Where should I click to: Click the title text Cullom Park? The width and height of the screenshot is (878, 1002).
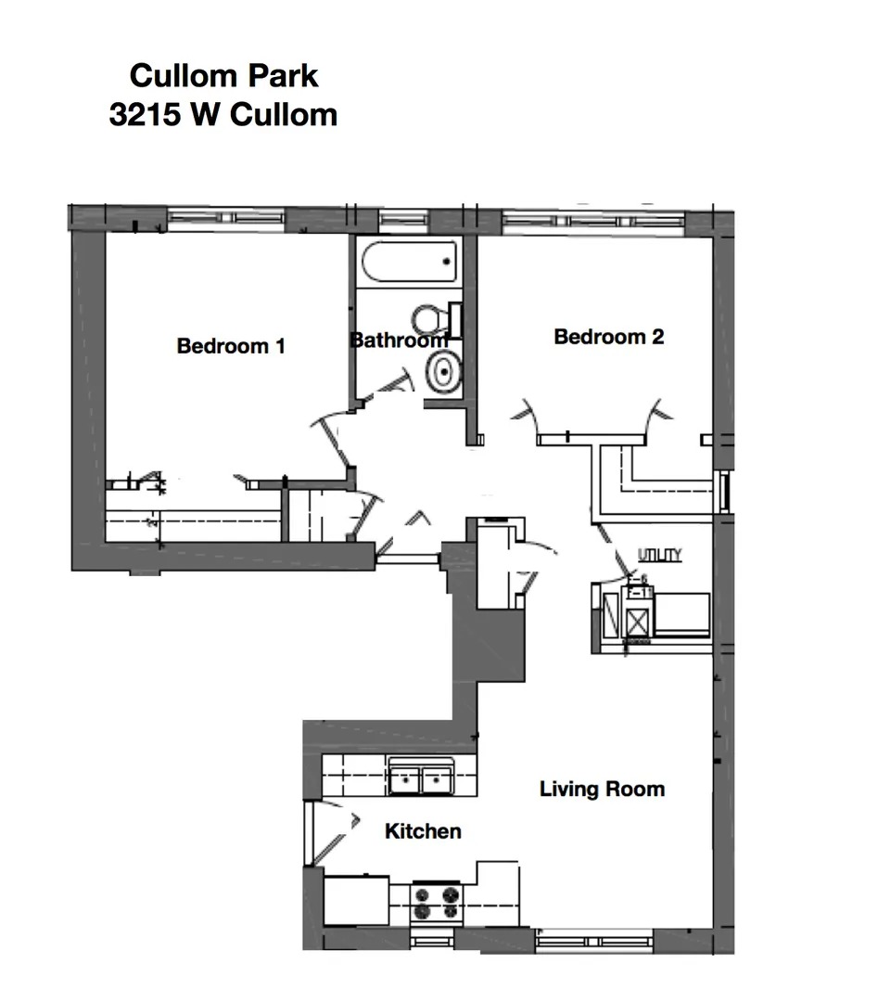pos(223,75)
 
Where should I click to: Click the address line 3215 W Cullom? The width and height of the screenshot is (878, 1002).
pos(223,114)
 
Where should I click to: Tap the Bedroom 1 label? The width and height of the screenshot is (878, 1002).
pos(231,346)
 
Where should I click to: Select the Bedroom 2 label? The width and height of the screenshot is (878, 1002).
pos(608,337)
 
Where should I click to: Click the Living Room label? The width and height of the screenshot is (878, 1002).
pos(602,790)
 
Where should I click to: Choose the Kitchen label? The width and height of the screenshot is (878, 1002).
pos(423,831)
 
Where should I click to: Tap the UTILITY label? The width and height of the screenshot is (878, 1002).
pos(659,555)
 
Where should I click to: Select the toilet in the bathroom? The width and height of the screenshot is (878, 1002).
pos(431,319)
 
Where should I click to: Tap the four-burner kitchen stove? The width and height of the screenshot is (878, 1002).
pos(436,903)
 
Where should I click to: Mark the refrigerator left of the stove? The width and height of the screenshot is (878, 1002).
pos(355,900)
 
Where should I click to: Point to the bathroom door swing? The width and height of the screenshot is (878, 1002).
pos(389,390)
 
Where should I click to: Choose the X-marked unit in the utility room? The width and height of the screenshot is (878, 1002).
pos(635,619)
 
